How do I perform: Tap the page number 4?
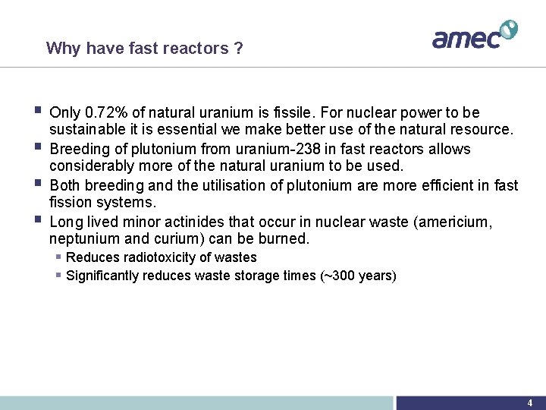click(530, 402)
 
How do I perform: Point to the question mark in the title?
click(238, 49)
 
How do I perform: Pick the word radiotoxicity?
click(150, 257)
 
